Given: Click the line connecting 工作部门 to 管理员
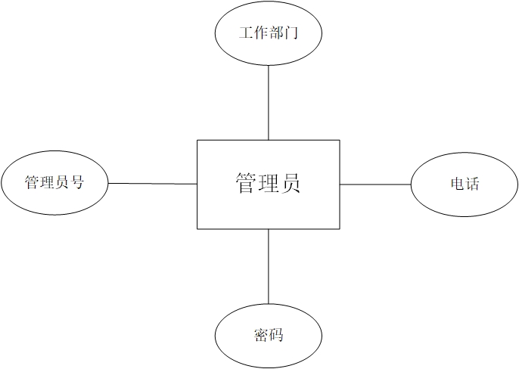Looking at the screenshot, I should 269,102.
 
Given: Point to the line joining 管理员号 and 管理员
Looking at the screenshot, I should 151,184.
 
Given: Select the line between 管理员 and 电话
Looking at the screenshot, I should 374,184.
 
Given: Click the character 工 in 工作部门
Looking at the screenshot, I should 245,34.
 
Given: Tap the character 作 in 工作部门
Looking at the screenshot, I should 260,34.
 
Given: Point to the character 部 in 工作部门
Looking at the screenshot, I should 276,34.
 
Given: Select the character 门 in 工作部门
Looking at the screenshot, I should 292,34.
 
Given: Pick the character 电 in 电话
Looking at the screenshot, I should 456,184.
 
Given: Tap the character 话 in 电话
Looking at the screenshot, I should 472,184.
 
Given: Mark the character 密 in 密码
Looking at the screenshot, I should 260,334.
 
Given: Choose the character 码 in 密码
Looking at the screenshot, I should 276,334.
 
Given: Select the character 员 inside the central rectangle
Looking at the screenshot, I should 291,184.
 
